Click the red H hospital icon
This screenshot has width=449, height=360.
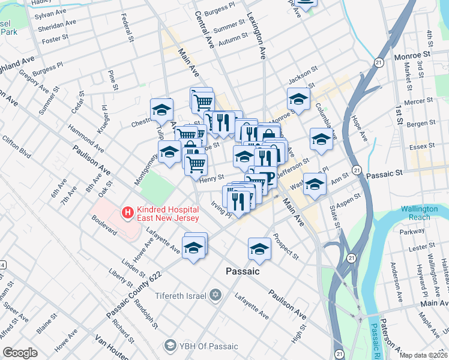127,212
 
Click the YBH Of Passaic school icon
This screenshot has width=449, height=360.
170,346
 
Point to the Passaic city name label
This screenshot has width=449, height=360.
243,271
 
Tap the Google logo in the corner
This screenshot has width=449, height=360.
20,353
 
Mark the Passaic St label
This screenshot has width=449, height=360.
384,173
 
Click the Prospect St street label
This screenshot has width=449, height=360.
286,246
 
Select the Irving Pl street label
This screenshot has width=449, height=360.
220,210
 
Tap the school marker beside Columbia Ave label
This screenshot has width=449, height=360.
321,139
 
